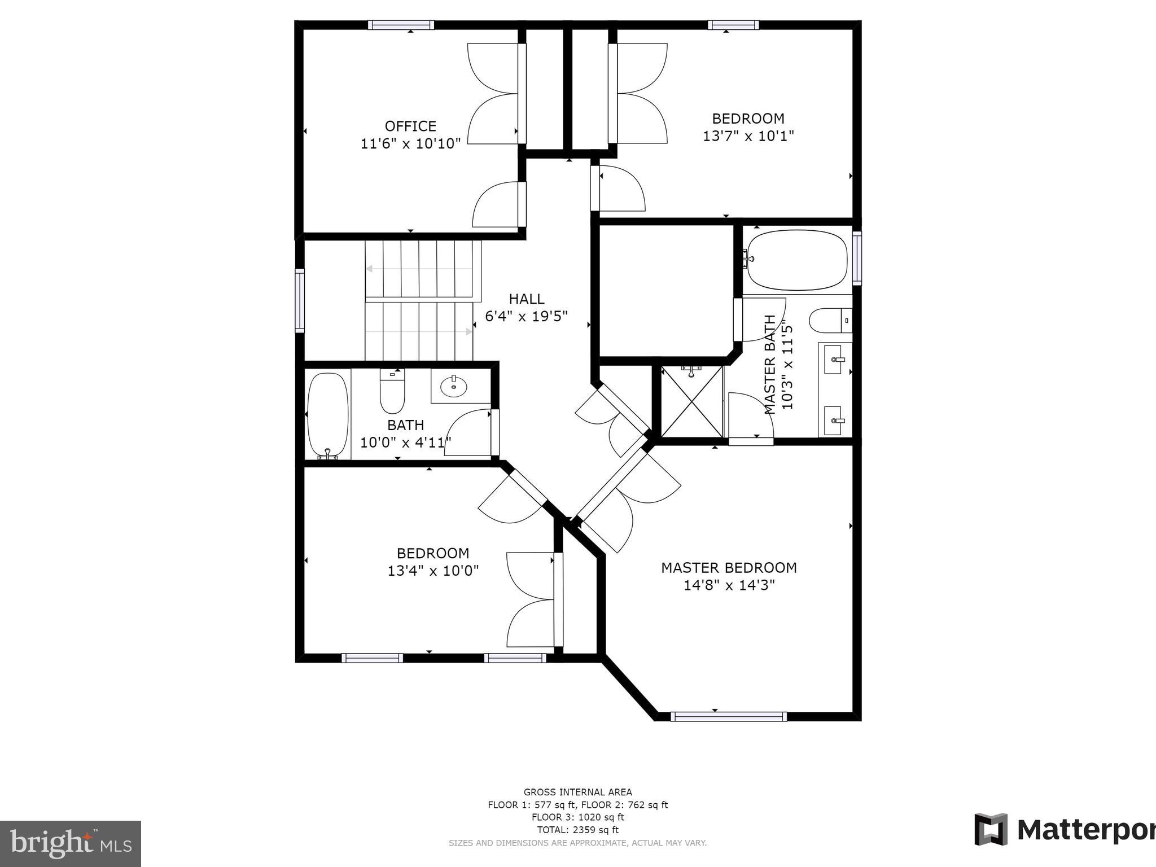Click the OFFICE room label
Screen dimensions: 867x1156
click(x=410, y=126)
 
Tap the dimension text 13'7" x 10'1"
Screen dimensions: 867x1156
click(x=748, y=136)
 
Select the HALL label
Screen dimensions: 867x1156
click(x=526, y=299)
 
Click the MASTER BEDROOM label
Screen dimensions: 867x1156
click(x=729, y=567)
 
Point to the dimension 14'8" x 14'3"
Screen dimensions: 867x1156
click(x=729, y=585)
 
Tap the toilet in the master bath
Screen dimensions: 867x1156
click(x=829, y=321)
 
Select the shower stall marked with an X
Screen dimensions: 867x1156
click(x=691, y=401)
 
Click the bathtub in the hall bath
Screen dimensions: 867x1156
click(x=327, y=414)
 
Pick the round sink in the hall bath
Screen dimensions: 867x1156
click(x=454, y=387)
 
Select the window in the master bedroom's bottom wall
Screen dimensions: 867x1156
click(x=728, y=716)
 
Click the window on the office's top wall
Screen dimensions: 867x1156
click(x=401, y=25)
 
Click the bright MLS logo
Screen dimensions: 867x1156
click(x=70, y=843)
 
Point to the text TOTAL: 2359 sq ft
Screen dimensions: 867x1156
click(x=577, y=830)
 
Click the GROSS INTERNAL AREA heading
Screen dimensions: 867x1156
click(x=577, y=792)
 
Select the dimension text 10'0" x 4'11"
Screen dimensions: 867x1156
click(x=405, y=442)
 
